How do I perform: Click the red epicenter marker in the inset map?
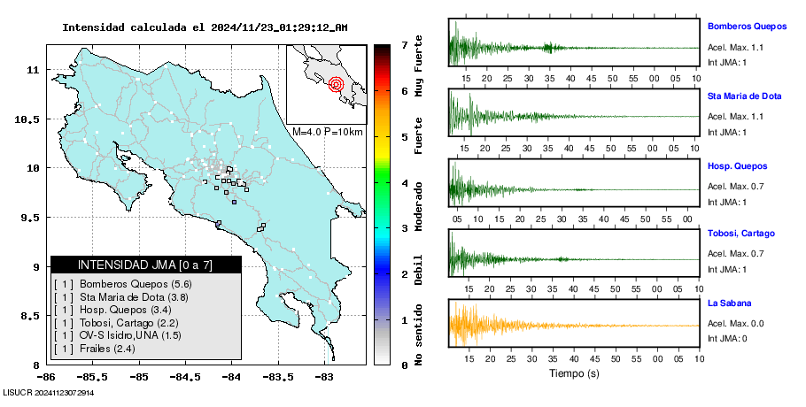click(336, 85)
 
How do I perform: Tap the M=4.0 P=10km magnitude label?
click(328, 132)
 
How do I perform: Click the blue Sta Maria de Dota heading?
click(745, 96)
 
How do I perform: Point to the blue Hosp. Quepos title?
click(737, 165)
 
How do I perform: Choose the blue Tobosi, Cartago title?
click(741, 234)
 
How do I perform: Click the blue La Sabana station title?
click(729, 303)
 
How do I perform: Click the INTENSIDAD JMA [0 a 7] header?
click(146, 265)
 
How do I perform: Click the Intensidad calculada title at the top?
click(205, 27)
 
